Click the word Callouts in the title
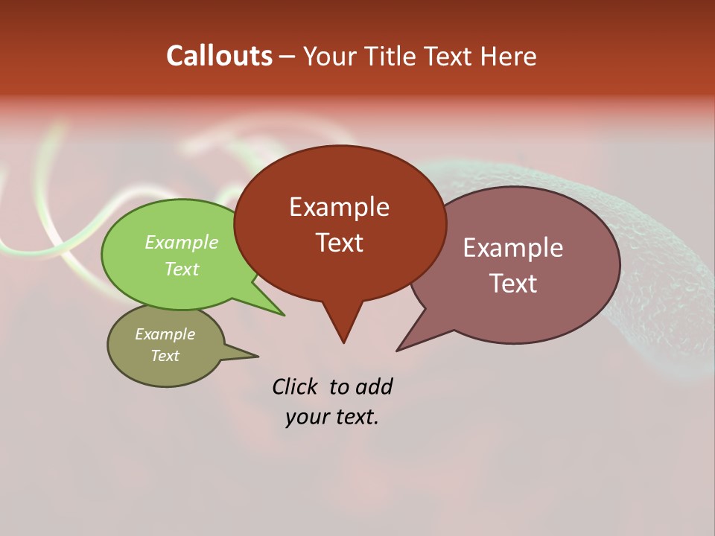[219, 56]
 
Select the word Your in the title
[329, 56]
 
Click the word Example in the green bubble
[181, 242]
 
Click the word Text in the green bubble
[181, 269]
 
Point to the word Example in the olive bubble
[165, 334]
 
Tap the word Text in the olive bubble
[165, 356]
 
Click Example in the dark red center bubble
[339, 206]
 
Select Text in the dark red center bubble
[339, 242]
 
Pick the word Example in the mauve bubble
[512, 247]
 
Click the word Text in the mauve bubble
[513, 283]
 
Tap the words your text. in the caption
[331, 417]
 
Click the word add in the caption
[373, 386]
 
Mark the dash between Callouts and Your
[287, 57]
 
